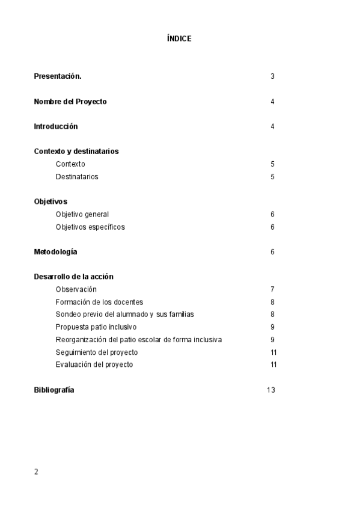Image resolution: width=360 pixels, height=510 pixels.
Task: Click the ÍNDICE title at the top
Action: coord(179,38)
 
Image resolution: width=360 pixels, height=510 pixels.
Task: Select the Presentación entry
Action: coord(58,76)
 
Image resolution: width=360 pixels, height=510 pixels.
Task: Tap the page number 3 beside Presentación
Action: coord(272,76)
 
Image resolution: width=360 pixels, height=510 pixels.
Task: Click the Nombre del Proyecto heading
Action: coord(70,102)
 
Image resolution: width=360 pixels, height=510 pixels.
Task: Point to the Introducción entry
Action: coord(56,127)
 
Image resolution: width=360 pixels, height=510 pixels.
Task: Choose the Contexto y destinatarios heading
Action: coord(76,152)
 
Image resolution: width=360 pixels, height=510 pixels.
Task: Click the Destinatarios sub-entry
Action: coord(77,177)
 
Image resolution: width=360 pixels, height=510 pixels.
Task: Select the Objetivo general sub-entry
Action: coord(82,214)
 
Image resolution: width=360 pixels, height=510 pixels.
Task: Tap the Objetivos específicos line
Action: coord(90,227)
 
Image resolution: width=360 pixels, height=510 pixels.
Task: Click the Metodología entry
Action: coord(55,252)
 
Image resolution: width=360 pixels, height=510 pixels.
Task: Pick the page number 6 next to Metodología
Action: coord(272,252)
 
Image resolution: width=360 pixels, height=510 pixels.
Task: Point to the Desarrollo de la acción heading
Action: coord(74,277)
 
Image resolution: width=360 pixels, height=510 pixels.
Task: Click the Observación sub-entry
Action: coord(76,289)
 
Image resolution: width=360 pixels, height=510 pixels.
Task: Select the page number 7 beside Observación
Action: coord(272,289)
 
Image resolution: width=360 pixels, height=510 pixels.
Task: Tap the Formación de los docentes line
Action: coord(99,302)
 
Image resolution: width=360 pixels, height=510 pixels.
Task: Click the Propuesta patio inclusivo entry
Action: coord(96,327)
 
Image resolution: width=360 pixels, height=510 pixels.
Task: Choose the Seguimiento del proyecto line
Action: coord(97,352)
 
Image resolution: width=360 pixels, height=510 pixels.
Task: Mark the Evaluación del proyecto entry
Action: coord(94,364)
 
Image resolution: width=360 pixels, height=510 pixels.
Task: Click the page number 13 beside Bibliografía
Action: coord(270,390)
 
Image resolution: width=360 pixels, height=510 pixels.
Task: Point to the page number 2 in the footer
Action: coord(36,472)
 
